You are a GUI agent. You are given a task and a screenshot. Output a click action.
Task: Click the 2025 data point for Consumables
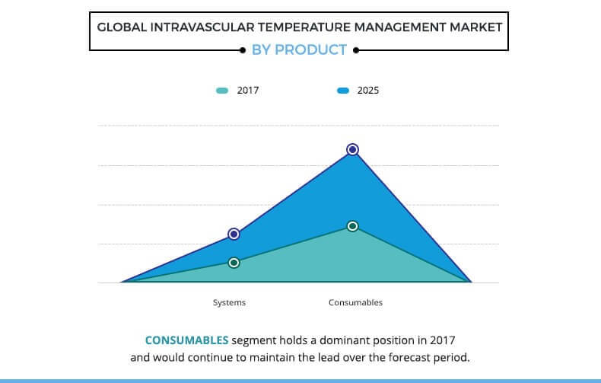click(x=352, y=149)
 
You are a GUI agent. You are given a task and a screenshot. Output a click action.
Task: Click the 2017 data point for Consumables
click(x=352, y=226)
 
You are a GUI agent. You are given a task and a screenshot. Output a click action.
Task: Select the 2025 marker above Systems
click(x=234, y=234)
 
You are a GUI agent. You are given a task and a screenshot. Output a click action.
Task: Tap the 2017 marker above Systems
click(x=234, y=263)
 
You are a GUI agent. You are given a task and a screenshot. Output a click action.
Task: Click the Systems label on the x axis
click(x=229, y=303)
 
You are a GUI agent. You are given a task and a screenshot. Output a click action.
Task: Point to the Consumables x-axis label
click(x=355, y=303)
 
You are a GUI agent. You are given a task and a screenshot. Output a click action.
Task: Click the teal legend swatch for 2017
click(x=222, y=91)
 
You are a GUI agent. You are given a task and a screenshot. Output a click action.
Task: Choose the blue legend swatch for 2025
click(x=342, y=91)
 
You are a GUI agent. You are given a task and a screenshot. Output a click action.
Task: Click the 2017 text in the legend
click(x=248, y=91)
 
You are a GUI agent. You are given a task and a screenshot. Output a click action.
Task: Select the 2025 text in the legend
click(x=368, y=91)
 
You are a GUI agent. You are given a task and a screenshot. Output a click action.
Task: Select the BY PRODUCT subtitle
click(x=300, y=50)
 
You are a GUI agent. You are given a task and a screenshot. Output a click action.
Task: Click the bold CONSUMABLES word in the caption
click(x=186, y=340)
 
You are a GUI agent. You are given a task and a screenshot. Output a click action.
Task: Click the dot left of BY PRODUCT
click(x=242, y=50)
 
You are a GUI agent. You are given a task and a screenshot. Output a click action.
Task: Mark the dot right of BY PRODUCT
click(x=356, y=50)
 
